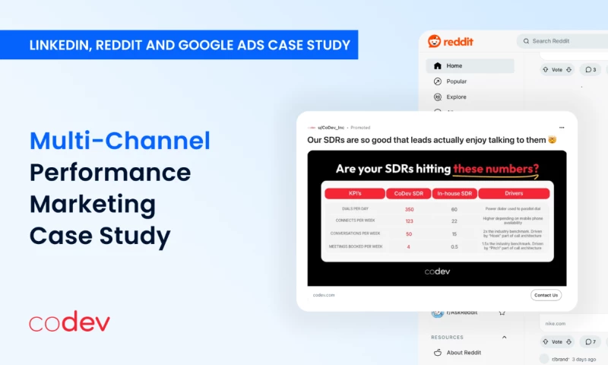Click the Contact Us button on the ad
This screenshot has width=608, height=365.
pyautogui.click(x=546, y=295)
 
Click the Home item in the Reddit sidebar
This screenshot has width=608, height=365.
pyautogui.click(x=454, y=66)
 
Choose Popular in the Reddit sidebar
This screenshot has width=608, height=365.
pyautogui.click(x=457, y=81)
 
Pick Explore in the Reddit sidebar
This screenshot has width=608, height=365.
pyautogui.click(x=456, y=97)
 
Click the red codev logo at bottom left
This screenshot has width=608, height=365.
pyautogui.click(x=69, y=322)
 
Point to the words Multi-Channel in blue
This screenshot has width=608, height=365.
pyautogui.click(x=120, y=140)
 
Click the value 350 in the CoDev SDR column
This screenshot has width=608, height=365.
pyautogui.click(x=409, y=209)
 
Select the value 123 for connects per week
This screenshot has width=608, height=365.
pyautogui.click(x=409, y=221)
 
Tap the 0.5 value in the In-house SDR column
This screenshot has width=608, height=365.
pyautogui.click(x=454, y=246)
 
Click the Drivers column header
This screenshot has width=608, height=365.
pyautogui.click(x=513, y=194)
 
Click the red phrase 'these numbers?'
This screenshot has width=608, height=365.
pyautogui.click(x=496, y=169)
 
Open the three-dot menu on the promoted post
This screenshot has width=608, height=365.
pyautogui.click(x=562, y=127)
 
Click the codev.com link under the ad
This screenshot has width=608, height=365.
pyautogui.click(x=324, y=295)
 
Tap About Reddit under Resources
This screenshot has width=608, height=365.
pyautogui.click(x=464, y=352)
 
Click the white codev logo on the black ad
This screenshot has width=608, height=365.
pyautogui.click(x=436, y=271)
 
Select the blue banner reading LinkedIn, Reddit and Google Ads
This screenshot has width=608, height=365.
pyautogui.click(x=179, y=45)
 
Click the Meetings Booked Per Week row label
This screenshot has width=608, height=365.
pyautogui.click(x=356, y=246)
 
